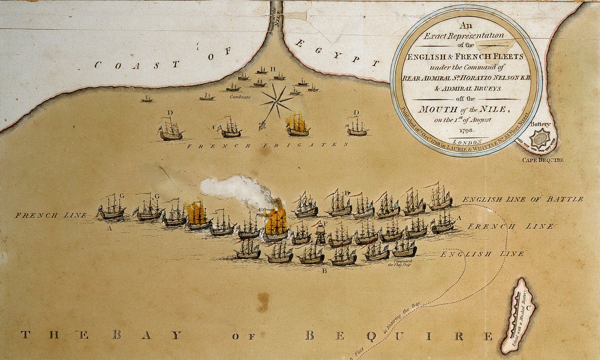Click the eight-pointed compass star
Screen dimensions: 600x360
pos(276,100)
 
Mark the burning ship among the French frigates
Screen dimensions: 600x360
pos(298,125)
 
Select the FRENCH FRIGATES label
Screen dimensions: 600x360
pos(267,145)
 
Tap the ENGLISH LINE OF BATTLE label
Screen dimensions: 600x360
pos(522,199)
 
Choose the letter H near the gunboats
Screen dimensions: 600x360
pos(273,70)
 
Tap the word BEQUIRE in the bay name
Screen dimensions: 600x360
pos(398,336)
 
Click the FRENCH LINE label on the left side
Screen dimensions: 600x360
pos(51,215)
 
